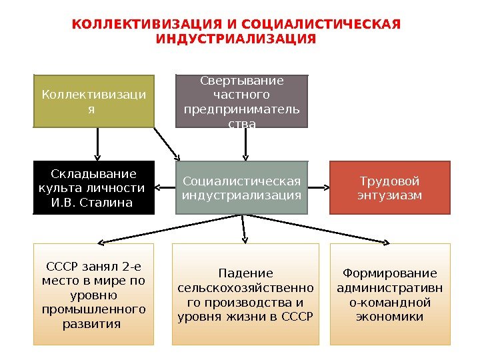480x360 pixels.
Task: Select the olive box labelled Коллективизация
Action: click(x=93, y=101)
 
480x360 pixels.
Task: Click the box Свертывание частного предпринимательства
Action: click(x=242, y=101)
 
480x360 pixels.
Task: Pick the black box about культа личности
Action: click(x=93, y=187)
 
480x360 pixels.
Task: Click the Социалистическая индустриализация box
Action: click(x=242, y=187)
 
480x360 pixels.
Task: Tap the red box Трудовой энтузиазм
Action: click(x=390, y=187)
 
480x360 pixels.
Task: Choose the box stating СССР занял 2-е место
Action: click(x=93, y=295)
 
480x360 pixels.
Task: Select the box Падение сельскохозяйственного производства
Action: click(x=245, y=295)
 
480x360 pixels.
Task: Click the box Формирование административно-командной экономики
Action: click(x=390, y=295)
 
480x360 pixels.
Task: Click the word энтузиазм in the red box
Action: click(x=390, y=195)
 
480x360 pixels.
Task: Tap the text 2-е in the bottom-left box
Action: click(x=133, y=267)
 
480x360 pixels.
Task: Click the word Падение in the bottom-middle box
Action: click(x=245, y=273)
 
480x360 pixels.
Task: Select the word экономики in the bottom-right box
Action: click(x=390, y=316)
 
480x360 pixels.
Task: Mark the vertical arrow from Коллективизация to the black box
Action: click(x=98, y=143)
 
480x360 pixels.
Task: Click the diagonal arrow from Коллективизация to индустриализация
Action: click(x=167, y=143)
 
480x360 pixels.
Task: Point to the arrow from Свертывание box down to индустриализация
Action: click(x=245, y=143)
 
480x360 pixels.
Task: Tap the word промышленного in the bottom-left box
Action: click(x=93, y=309)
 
